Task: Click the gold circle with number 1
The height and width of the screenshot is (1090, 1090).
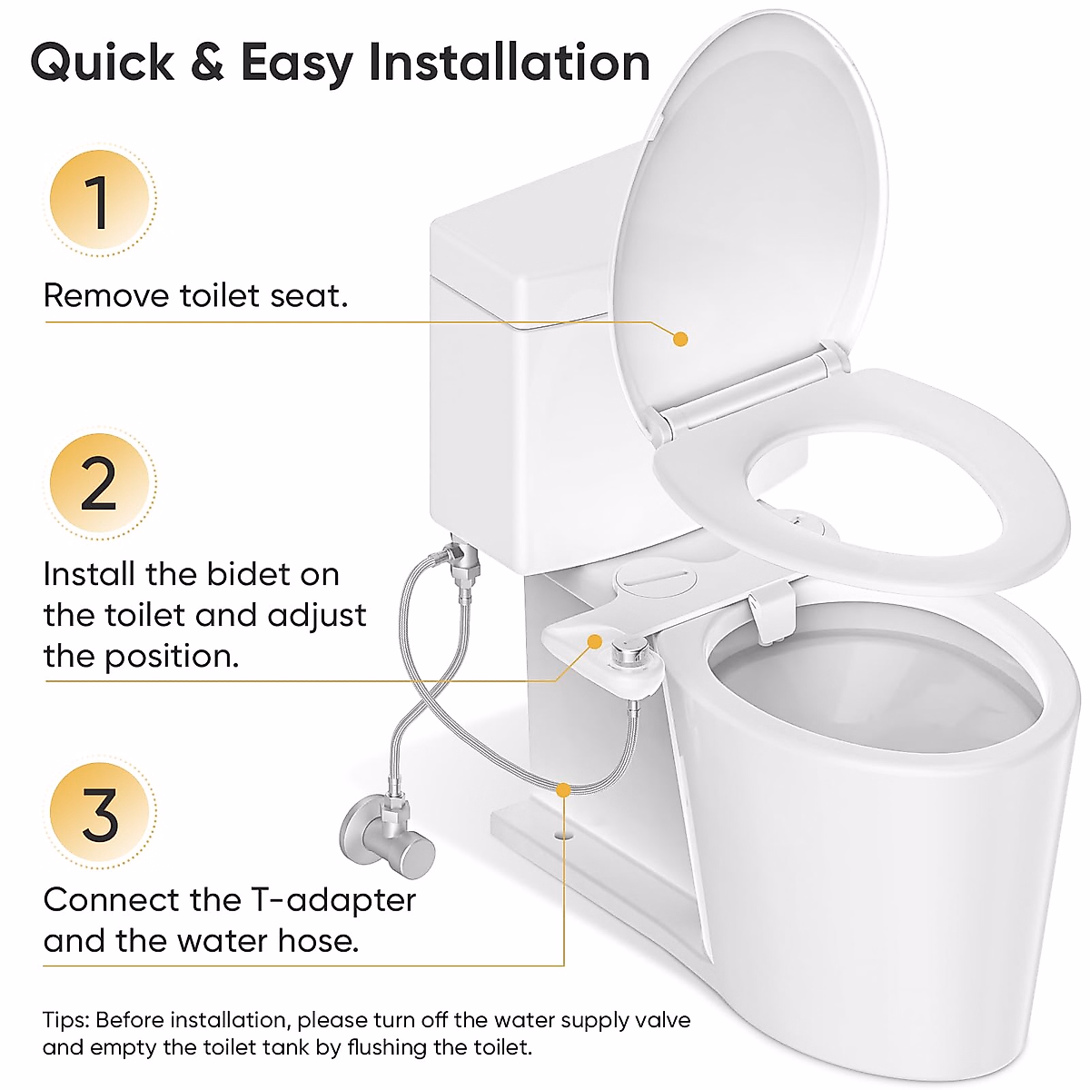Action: tap(99, 201)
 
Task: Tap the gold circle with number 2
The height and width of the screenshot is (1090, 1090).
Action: tap(99, 483)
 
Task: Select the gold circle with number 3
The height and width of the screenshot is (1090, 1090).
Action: tap(99, 814)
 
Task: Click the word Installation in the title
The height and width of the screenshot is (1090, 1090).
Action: tap(509, 64)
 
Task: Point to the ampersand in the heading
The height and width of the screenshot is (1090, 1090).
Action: tap(207, 64)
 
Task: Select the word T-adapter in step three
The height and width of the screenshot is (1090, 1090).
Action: tap(332, 900)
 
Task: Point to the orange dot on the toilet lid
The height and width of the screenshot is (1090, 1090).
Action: tap(680, 339)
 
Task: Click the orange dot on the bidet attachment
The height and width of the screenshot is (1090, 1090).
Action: tap(595, 641)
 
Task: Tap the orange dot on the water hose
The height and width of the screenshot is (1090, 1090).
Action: tap(564, 790)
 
